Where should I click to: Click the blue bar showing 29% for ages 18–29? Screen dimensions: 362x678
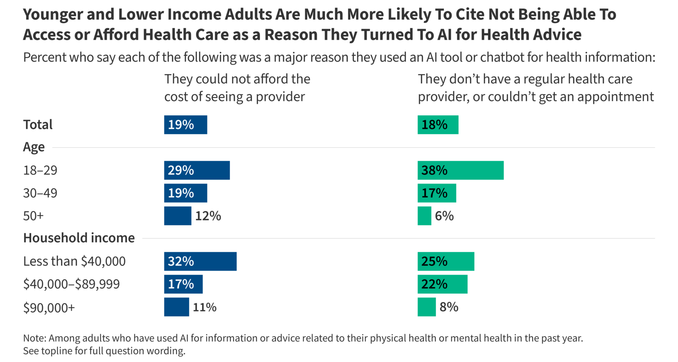tap(197, 170)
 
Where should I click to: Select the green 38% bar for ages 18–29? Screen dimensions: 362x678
tap(460, 170)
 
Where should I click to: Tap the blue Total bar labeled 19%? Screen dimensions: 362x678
tap(185, 125)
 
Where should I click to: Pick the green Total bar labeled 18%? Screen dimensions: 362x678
tap(438, 125)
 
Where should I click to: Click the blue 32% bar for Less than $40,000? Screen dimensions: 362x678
tap(200, 261)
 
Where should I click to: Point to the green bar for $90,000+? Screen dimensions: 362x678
tap(427, 307)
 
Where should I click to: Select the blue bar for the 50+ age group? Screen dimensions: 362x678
tap(178, 216)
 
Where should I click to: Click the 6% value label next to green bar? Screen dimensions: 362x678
tap(444, 216)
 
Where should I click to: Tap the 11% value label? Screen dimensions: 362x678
tap(204, 307)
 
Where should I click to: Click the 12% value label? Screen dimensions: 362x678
tap(208, 216)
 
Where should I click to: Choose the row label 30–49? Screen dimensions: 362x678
tap(40, 193)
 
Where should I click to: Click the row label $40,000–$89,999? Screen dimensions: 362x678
tap(71, 284)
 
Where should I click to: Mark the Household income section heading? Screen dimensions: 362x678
tap(79, 238)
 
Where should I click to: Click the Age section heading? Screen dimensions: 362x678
tap(34, 147)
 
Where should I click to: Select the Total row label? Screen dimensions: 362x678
tap(38, 125)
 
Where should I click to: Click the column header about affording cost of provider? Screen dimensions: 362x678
tap(237, 88)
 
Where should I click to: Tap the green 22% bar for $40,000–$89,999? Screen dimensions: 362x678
tap(442, 284)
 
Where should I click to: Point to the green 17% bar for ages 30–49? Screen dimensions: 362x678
tap(437, 193)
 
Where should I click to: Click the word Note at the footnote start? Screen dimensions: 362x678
tap(34, 338)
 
